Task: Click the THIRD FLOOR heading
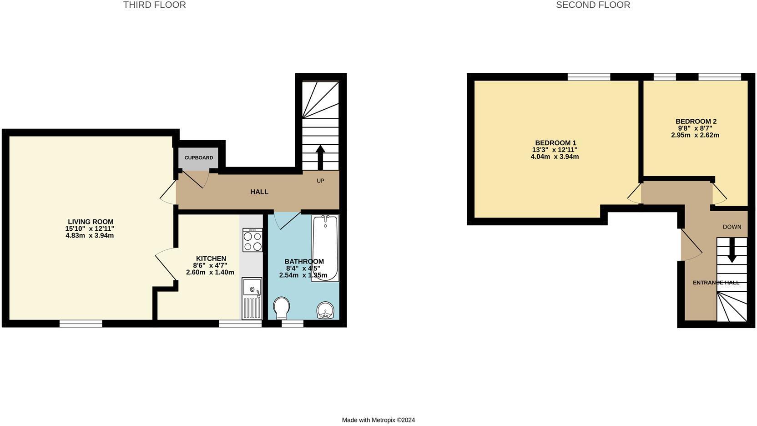pyautogui.click(x=154, y=5)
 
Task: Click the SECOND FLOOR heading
pyautogui.click(x=593, y=5)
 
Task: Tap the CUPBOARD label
pyautogui.click(x=199, y=158)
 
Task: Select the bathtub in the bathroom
pyautogui.click(x=325, y=248)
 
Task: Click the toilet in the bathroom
pyautogui.click(x=282, y=308)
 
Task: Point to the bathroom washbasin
pyautogui.click(x=326, y=310)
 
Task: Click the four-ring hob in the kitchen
pyautogui.click(x=252, y=240)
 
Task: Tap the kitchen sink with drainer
pyautogui.click(x=252, y=298)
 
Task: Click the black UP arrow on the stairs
pyautogui.click(x=320, y=157)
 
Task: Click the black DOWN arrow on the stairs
pyautogui.click(x=732, y=251)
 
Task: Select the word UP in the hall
pyautogui.click(x=320, y=181)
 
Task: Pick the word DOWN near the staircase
pyautogui.click(x=732, y=227)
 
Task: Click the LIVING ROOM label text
pyautogui.click(x=91, y=222)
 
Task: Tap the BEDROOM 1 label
pyautogui.click(x=555, y=143)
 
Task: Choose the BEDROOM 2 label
pyautogui.click(x=696, y=122)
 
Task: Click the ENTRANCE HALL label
pyautogui.click(x=716, y=283)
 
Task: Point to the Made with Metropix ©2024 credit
pyautogui.click(x=378, y=420)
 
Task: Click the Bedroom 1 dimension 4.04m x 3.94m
pyautogui.click(x=555, y=157)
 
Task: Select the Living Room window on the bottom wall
pyautogui.click(x=81, y=324)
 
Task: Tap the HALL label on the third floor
pyautogui.click(x=259, y=192)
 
